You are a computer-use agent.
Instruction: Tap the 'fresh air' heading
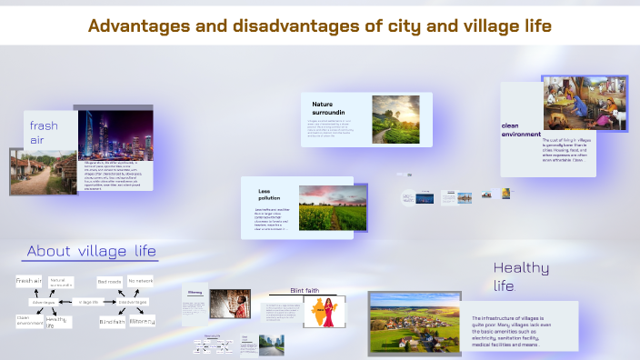(x=44, y=133)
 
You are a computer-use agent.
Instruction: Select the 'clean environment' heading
(x=519, y=129)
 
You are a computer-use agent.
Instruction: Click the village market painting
(x=585, y=103)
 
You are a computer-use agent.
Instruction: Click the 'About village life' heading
(x=91, y=251)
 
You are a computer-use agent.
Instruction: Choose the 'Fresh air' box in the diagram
(x=28, y=282)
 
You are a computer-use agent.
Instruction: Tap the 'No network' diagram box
(x=141, y=282)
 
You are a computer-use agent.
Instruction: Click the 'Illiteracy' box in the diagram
(x=142, y=321)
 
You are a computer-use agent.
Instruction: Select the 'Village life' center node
(x=88, y=301)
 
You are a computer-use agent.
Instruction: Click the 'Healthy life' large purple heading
(x=521, y=276)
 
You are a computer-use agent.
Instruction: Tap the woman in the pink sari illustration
(x=324, y=313)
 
